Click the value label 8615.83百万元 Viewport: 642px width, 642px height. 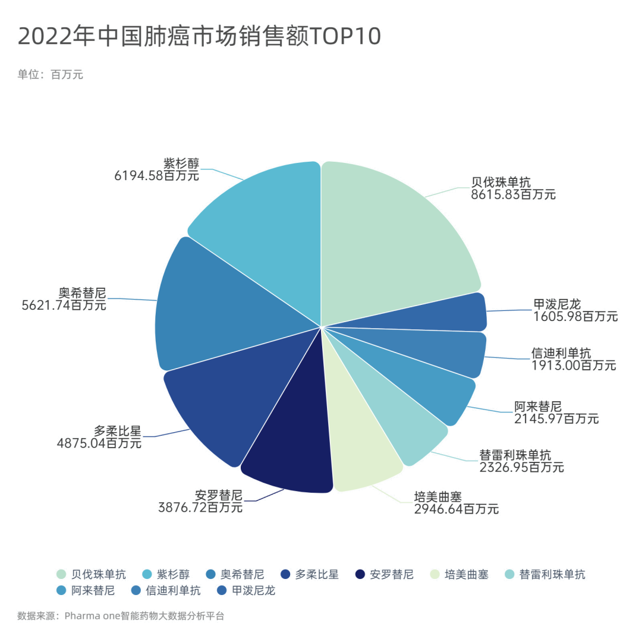coord(513,194)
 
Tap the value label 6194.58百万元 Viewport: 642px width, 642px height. coord(156,175)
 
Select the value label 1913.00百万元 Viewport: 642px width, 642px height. coord(574,365)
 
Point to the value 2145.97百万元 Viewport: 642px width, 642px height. coord(556,418)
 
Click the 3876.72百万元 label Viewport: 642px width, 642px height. coord(200,507)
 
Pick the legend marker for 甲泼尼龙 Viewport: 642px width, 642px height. coord(221,590)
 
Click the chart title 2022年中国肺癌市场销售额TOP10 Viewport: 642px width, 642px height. coord(199,36)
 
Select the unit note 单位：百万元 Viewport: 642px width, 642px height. coord(51,74)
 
